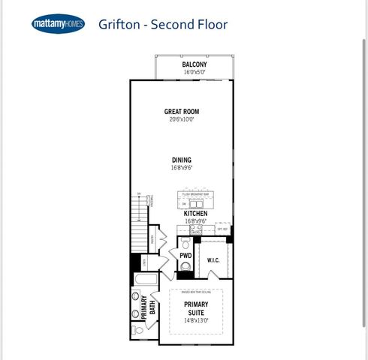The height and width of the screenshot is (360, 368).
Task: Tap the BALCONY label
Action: [x=195, y=64]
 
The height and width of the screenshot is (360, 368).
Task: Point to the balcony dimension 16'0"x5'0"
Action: [x=195, y=73]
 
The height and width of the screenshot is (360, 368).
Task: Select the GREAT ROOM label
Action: [x=182, y=111]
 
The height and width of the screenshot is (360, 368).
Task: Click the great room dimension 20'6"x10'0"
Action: [x=182, y=118]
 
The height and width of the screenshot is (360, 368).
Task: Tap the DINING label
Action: [x=182, y=160]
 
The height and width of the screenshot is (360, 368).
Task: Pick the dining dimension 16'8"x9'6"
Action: [x=182, y=168]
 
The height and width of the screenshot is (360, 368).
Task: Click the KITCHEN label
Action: [x=195, y=214]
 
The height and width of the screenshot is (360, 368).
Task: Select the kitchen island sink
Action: [x=195, y=202]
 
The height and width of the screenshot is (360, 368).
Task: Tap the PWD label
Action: [x=186, y=256]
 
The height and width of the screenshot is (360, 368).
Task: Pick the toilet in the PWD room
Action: [x=186, y=266]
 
